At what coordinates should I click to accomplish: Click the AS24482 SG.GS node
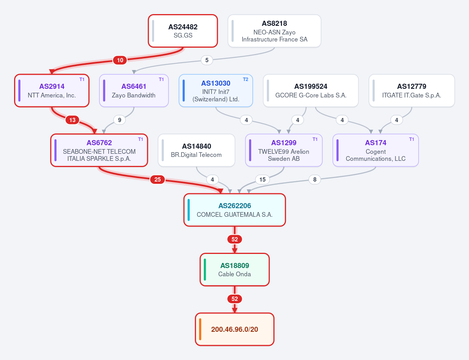pyautogui.click(x=183, y=31)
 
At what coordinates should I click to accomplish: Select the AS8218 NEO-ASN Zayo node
pyautogui.click(x=274, y=31)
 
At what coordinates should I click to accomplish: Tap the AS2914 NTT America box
pyautogui.click(x=52, y=90)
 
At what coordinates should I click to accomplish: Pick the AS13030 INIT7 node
pyautogui.click(x=216, y=90)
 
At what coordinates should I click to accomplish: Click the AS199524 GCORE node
pyautogui.click(x=311, y=90)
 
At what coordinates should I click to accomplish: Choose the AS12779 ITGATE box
pyautogui.click(x=411, y=90)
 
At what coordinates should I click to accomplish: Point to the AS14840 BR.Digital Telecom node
pyautogui.click(x=196, y=150)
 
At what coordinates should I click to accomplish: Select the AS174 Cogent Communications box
pyautogui.click(x=376, y=150)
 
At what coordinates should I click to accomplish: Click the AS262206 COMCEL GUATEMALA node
pyautogui.click(x=235, y=210)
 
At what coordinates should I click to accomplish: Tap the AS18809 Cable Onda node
pyautogui.click(x=235, y=270)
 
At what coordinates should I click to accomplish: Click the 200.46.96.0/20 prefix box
pyautogui.click(x=235, y=329)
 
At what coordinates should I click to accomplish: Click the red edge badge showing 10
pyautogui.click(x=120, y=60)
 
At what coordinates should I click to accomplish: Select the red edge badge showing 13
pyautogui.click(x=72, y=120)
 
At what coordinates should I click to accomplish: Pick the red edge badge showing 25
pyautogui.click(x=158, y=180)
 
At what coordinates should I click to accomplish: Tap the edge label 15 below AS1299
pyautogui.click(x=262, y=180)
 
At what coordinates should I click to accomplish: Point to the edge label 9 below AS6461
pyautogui.click(x=120, y=120)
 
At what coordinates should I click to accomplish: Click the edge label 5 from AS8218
pyautogui.click(x=207, y=60)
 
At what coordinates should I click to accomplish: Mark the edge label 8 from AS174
pyautogui.click(x=314, y=180)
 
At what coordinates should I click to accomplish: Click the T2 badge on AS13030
pyautogui.click(x=246, y=79)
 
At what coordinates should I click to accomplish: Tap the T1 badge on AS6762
pyautogui.click(x=140, y=139)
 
